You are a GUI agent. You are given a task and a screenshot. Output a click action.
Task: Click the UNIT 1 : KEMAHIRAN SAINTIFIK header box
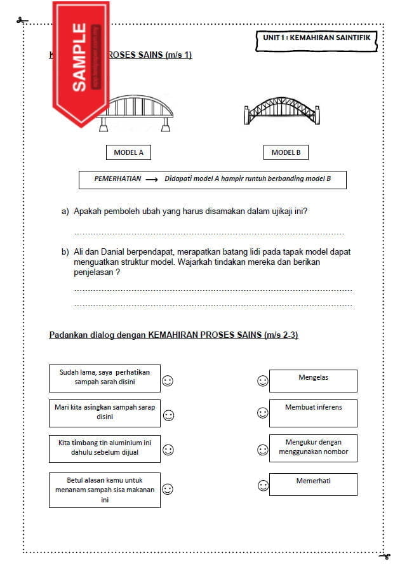pyautogui.click(x=316, y=39)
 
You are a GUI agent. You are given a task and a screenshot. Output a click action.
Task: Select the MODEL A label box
pyautogui.click(x=128, y=152)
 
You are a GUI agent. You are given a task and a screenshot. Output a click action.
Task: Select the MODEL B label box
pyautogui.click(x=286, y=152)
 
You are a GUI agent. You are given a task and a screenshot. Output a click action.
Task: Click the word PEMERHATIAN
pyautogui.click(x=117, y=179)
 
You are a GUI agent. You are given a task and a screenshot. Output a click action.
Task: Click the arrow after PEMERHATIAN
pyautogui.click(x=151, y=180)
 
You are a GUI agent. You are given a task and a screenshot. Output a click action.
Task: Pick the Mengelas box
pyautogui.click(x=313, y=380)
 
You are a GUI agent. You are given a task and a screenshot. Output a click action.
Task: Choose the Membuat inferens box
pyautogui.click(x=313, y=413)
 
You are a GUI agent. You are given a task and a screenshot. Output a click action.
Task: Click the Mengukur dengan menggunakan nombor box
pyautogui.click(x=313, y=448)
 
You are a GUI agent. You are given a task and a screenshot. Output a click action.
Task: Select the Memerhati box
pyautogui.click(x=313, y=484)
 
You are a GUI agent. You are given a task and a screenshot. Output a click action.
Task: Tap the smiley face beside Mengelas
pyautogui.click(x=262, y=381)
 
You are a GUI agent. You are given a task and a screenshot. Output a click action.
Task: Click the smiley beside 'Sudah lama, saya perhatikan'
pyautogui.click(x=168, y=381)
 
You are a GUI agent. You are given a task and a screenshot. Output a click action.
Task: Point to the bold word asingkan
pyautogui.click(x=90, y=407)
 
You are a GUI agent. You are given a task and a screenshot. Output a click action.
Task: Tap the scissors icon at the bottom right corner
pyautogui.click(x=384, y=556)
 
